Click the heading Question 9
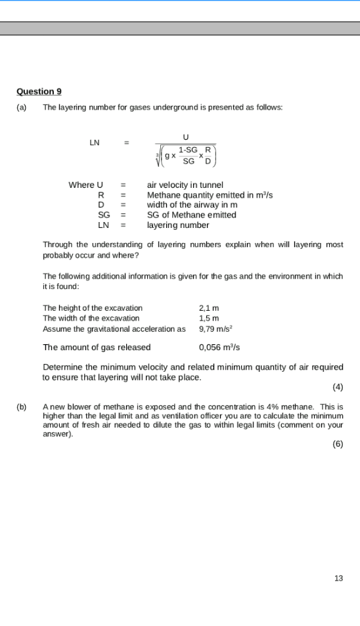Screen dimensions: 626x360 [39, 91]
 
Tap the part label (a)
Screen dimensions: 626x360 [22, 106]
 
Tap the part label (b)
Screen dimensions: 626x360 [22, 407]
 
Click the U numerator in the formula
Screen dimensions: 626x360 [186, 137]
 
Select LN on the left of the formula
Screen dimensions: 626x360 [95, 143]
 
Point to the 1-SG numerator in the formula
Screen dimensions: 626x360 [188, 150]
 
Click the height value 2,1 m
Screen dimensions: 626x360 [209, 307]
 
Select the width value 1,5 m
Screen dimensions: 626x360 [209, 318]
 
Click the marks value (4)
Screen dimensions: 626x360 [338, 386]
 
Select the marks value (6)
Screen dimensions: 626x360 [338, 444]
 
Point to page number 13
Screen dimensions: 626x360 [338, 578]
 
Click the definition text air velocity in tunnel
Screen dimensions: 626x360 [185, 185]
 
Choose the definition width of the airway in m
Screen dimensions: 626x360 [192, 205]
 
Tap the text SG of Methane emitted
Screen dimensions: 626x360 [191, 215]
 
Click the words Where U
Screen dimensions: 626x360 [85, 185]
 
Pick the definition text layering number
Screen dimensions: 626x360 [177, 225]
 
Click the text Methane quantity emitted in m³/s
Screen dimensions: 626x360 [210, 195]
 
